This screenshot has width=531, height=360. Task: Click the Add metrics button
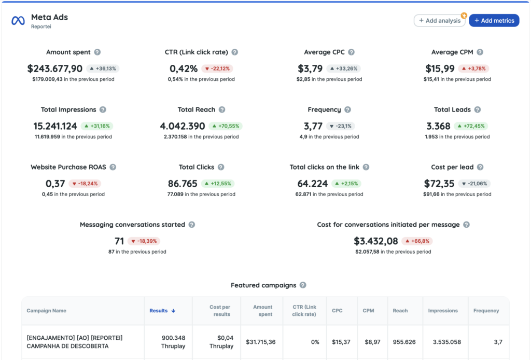coord(494,21)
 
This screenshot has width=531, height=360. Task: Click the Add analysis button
coord(439,21)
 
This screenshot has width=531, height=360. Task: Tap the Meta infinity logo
coord(18,21)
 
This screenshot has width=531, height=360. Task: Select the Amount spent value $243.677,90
coord(55,68)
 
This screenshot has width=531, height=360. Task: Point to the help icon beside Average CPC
coord(351,52)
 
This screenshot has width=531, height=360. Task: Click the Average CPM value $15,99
coord(440,68)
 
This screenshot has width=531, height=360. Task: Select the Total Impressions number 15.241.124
coord(55,126)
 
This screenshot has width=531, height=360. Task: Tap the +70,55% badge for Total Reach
coord(226,126)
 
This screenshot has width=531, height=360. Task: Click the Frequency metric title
coord(324,109)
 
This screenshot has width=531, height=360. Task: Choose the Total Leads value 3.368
coord(438,126)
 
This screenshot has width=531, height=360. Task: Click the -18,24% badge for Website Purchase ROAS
coord(85,184)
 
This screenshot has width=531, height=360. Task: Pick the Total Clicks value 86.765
coord(183,184)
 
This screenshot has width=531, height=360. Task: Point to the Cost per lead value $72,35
coord(439,184)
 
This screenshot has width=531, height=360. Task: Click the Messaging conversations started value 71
coord(119,241)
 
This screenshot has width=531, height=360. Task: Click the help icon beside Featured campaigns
coord(303,285)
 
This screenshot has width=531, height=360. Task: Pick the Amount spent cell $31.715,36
coord(262,342)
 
